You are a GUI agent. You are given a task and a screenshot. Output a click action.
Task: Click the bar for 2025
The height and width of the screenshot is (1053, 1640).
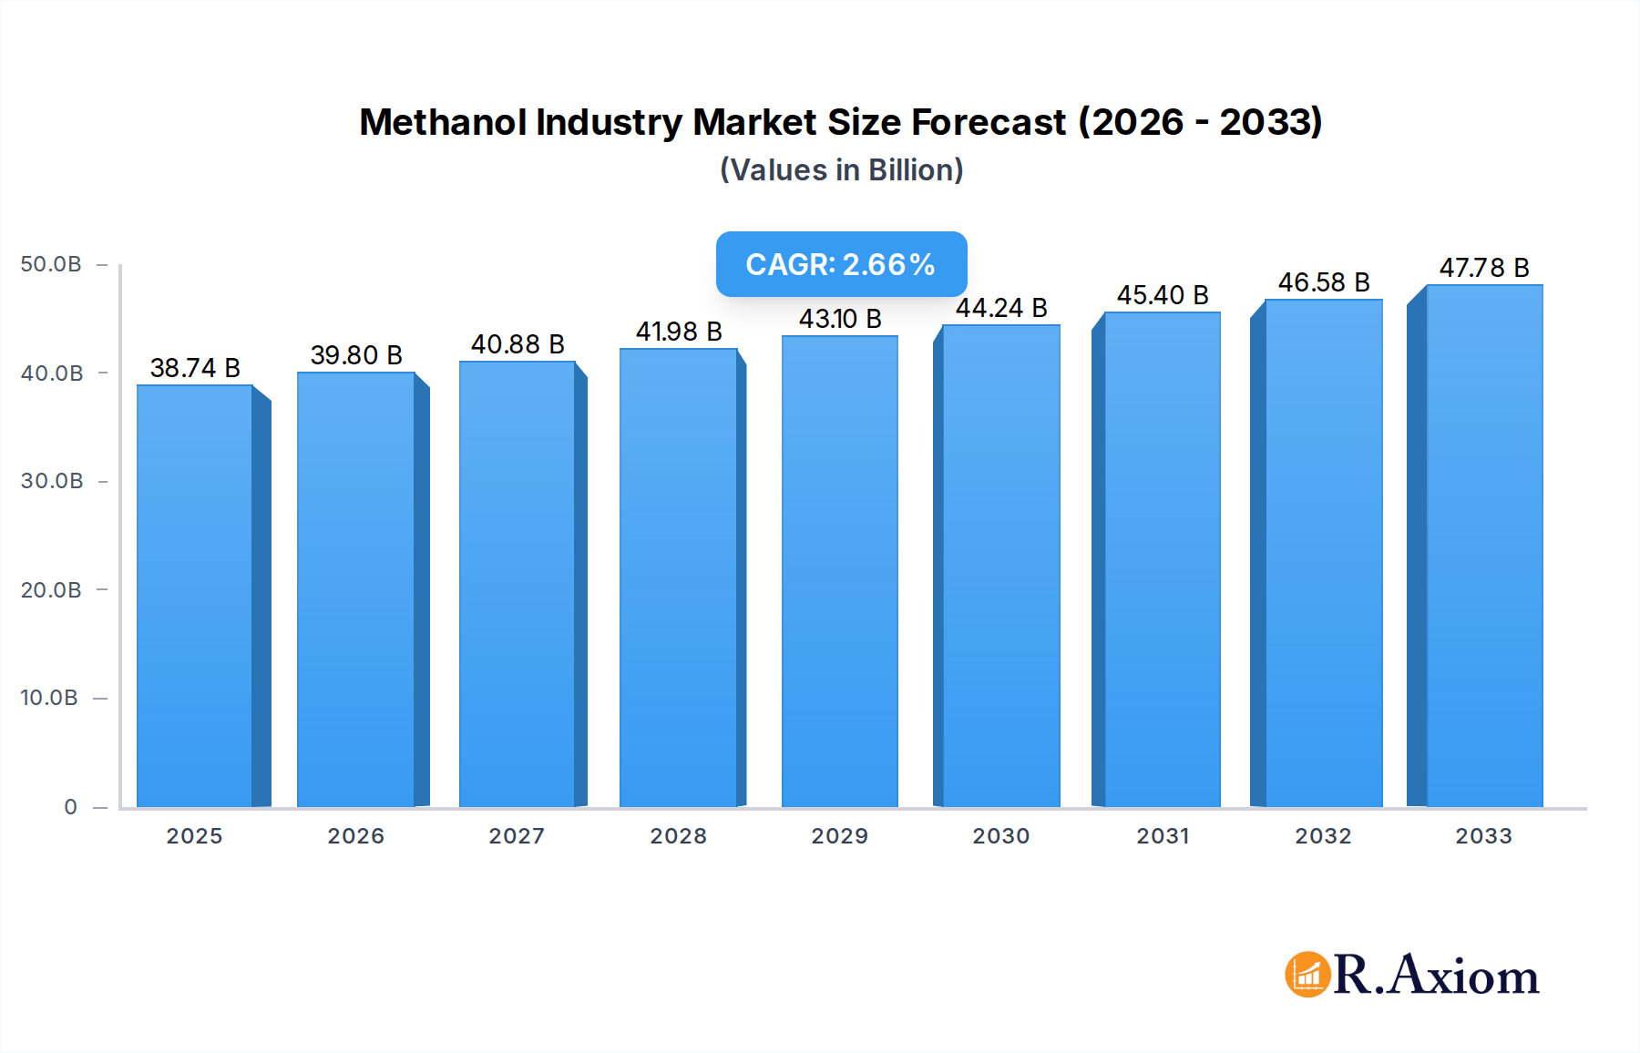click(x=195, y=596)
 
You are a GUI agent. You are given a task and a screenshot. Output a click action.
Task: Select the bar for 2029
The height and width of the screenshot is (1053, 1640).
click(x=839, y=571)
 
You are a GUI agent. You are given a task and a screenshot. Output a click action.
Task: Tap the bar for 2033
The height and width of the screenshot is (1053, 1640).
click(x=1484, y=546)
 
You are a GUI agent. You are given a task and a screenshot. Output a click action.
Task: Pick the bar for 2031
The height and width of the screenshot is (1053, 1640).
click(x=1162, y=559)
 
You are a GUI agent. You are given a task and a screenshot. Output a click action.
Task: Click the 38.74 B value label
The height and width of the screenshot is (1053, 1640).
click(x=195, y=368)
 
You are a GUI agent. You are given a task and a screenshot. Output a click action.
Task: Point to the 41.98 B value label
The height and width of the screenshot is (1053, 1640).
click(x=679, y=332)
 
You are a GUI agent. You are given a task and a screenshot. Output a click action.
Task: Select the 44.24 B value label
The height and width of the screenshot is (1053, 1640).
click(x=1001, y=308)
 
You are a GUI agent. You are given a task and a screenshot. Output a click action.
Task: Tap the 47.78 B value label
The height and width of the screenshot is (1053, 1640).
click(x=1484, y=268)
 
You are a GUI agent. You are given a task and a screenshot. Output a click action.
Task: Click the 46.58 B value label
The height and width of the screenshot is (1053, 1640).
click(x=1324, y=282)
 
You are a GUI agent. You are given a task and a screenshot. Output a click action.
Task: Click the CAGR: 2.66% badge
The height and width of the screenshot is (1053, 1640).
click(x=841, y=264)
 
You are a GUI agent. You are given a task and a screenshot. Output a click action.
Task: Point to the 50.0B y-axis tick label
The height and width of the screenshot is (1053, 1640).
click(x=51, y=264)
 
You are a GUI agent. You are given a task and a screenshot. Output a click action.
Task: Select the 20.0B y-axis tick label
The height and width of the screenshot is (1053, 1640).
click(x=51, y=590)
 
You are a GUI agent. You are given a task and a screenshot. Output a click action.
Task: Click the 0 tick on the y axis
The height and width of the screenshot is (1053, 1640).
click(x=70, y=807)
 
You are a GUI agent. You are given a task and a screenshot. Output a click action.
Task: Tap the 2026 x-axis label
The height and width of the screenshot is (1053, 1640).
click(x=355, y=836)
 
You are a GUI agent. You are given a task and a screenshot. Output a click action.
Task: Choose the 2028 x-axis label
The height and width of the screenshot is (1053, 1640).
click(x=678, y=836)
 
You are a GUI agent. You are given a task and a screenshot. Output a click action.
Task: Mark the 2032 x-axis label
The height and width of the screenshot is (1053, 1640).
click(x=1323, y=836)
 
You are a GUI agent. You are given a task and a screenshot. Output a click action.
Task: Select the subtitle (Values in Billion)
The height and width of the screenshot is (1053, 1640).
click(x=841, y=170)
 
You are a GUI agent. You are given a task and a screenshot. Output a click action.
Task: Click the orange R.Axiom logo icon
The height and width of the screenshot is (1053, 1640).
click(x=1307, y=975)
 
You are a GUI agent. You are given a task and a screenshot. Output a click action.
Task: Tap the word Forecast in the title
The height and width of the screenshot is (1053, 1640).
click(x=989, y=122)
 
